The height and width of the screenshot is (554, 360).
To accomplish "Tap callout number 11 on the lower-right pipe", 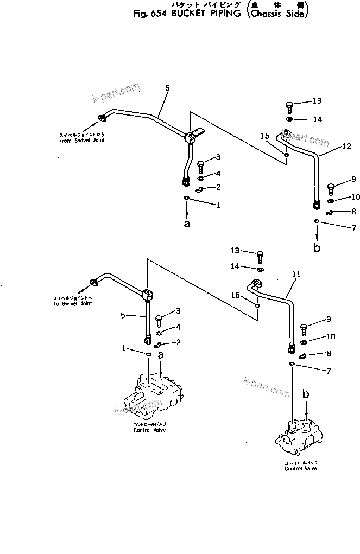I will [x=295, y=275].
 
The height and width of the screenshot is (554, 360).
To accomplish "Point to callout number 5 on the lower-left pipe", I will [x=123, y=315].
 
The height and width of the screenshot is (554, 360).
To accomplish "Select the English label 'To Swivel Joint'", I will [x=72, y=303].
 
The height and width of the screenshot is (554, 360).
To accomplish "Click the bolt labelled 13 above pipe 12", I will [x=289, y=105].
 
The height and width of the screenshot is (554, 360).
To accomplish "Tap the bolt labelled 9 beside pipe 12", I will [x=330, y=189].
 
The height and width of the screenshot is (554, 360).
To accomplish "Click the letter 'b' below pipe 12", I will [x=317, y=248].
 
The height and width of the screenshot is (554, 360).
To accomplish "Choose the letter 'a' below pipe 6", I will [x=187, y=223].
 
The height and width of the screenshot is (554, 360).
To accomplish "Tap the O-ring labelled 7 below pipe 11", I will [x=292, y=364].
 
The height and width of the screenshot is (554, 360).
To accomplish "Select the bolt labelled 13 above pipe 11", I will [x=261, y=254].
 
